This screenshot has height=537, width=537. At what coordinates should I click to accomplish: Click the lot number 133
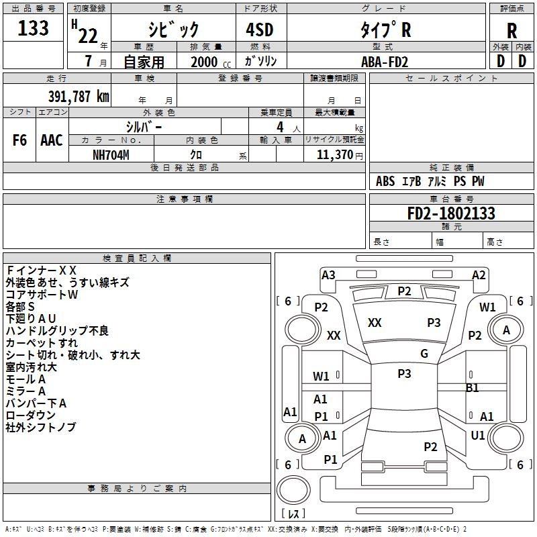[34, 28]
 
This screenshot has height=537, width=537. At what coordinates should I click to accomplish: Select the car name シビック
[173, 29]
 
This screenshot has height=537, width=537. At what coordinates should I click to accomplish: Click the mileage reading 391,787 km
[79, 96]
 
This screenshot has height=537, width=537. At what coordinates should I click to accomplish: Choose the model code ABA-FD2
[384, 62]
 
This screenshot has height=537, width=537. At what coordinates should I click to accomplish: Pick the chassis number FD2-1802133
[451, 213]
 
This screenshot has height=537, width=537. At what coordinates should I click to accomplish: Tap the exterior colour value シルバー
[144, 127]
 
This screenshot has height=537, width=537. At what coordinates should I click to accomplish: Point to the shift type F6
[20, 140]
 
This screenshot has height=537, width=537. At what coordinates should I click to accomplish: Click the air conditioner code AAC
[52, 140]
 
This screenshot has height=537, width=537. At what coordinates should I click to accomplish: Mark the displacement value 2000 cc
[210, 62]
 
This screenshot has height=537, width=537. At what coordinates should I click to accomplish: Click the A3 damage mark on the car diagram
[328, 275]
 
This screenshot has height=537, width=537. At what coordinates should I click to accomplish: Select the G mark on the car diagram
[424, 354]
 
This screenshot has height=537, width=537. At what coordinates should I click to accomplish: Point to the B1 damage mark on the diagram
[473, 387]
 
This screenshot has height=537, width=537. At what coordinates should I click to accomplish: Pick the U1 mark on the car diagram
[478, 435]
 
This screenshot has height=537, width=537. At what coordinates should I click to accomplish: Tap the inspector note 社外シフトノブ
[40, 428]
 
